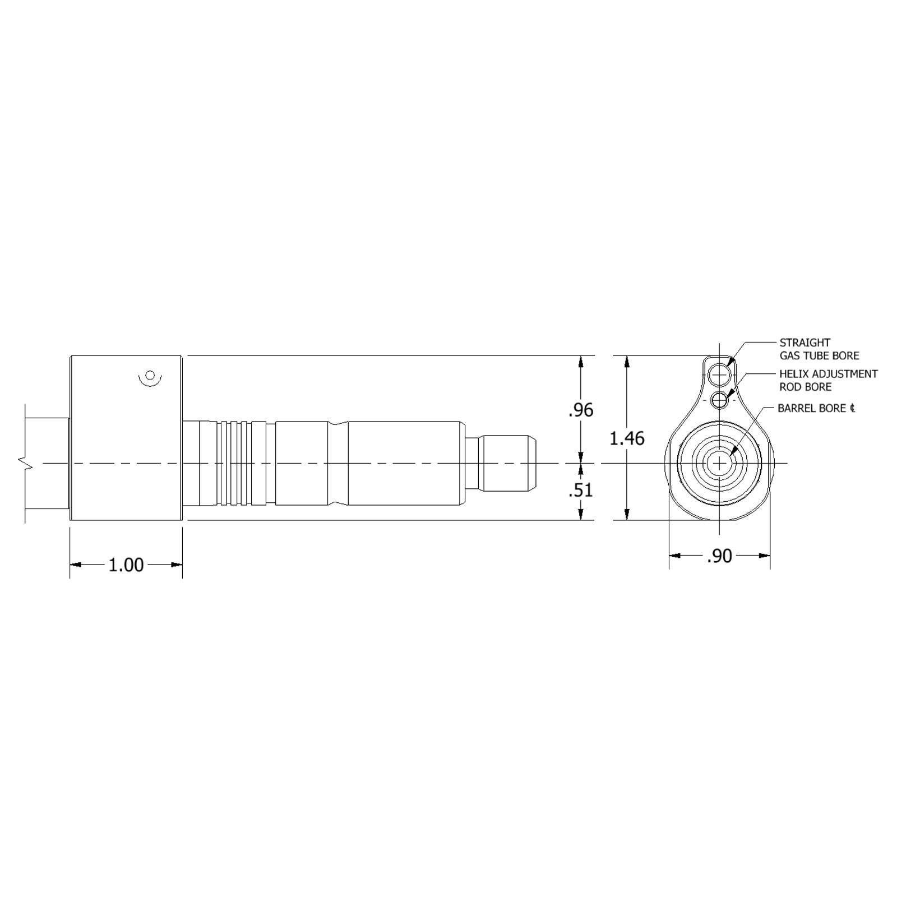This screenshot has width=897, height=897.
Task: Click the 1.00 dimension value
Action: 126,565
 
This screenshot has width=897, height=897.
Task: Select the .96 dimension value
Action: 580,410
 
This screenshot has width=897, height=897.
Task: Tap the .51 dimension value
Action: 580,490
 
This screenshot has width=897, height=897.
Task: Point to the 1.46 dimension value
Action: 627,438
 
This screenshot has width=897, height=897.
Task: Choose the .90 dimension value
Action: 719,556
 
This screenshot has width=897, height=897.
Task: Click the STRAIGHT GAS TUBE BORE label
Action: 819,349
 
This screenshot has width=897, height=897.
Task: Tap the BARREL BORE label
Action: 812,408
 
